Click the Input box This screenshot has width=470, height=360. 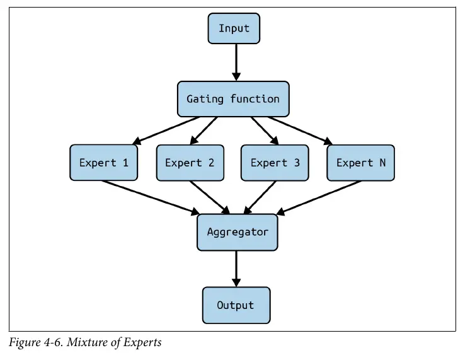pos(234,28)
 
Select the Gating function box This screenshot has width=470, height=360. pos(233,99)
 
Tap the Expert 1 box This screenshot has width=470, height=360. pos(104,163)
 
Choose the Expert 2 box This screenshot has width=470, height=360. pos(190,163)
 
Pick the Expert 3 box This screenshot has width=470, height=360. pos(275,163)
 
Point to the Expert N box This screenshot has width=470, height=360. pos(360,163)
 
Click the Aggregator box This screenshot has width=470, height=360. pos(238,232)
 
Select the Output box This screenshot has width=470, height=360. pos(236,305)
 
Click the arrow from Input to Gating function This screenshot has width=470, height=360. pos(236,62)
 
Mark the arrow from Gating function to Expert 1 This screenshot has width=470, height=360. pos(166,131)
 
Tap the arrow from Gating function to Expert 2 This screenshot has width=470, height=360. pos(203,131)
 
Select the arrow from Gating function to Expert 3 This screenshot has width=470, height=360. pos(265,131)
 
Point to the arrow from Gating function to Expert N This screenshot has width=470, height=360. pos(300,131)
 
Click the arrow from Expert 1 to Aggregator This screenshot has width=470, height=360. pos(151,197)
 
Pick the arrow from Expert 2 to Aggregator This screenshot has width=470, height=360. pos(210,197)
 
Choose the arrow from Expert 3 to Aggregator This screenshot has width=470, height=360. pos(260,197)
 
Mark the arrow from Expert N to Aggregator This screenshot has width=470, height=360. pos(319,197)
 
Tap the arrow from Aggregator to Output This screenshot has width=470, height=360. pos(236,269)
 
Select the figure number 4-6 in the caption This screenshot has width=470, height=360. pos(53,342)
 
